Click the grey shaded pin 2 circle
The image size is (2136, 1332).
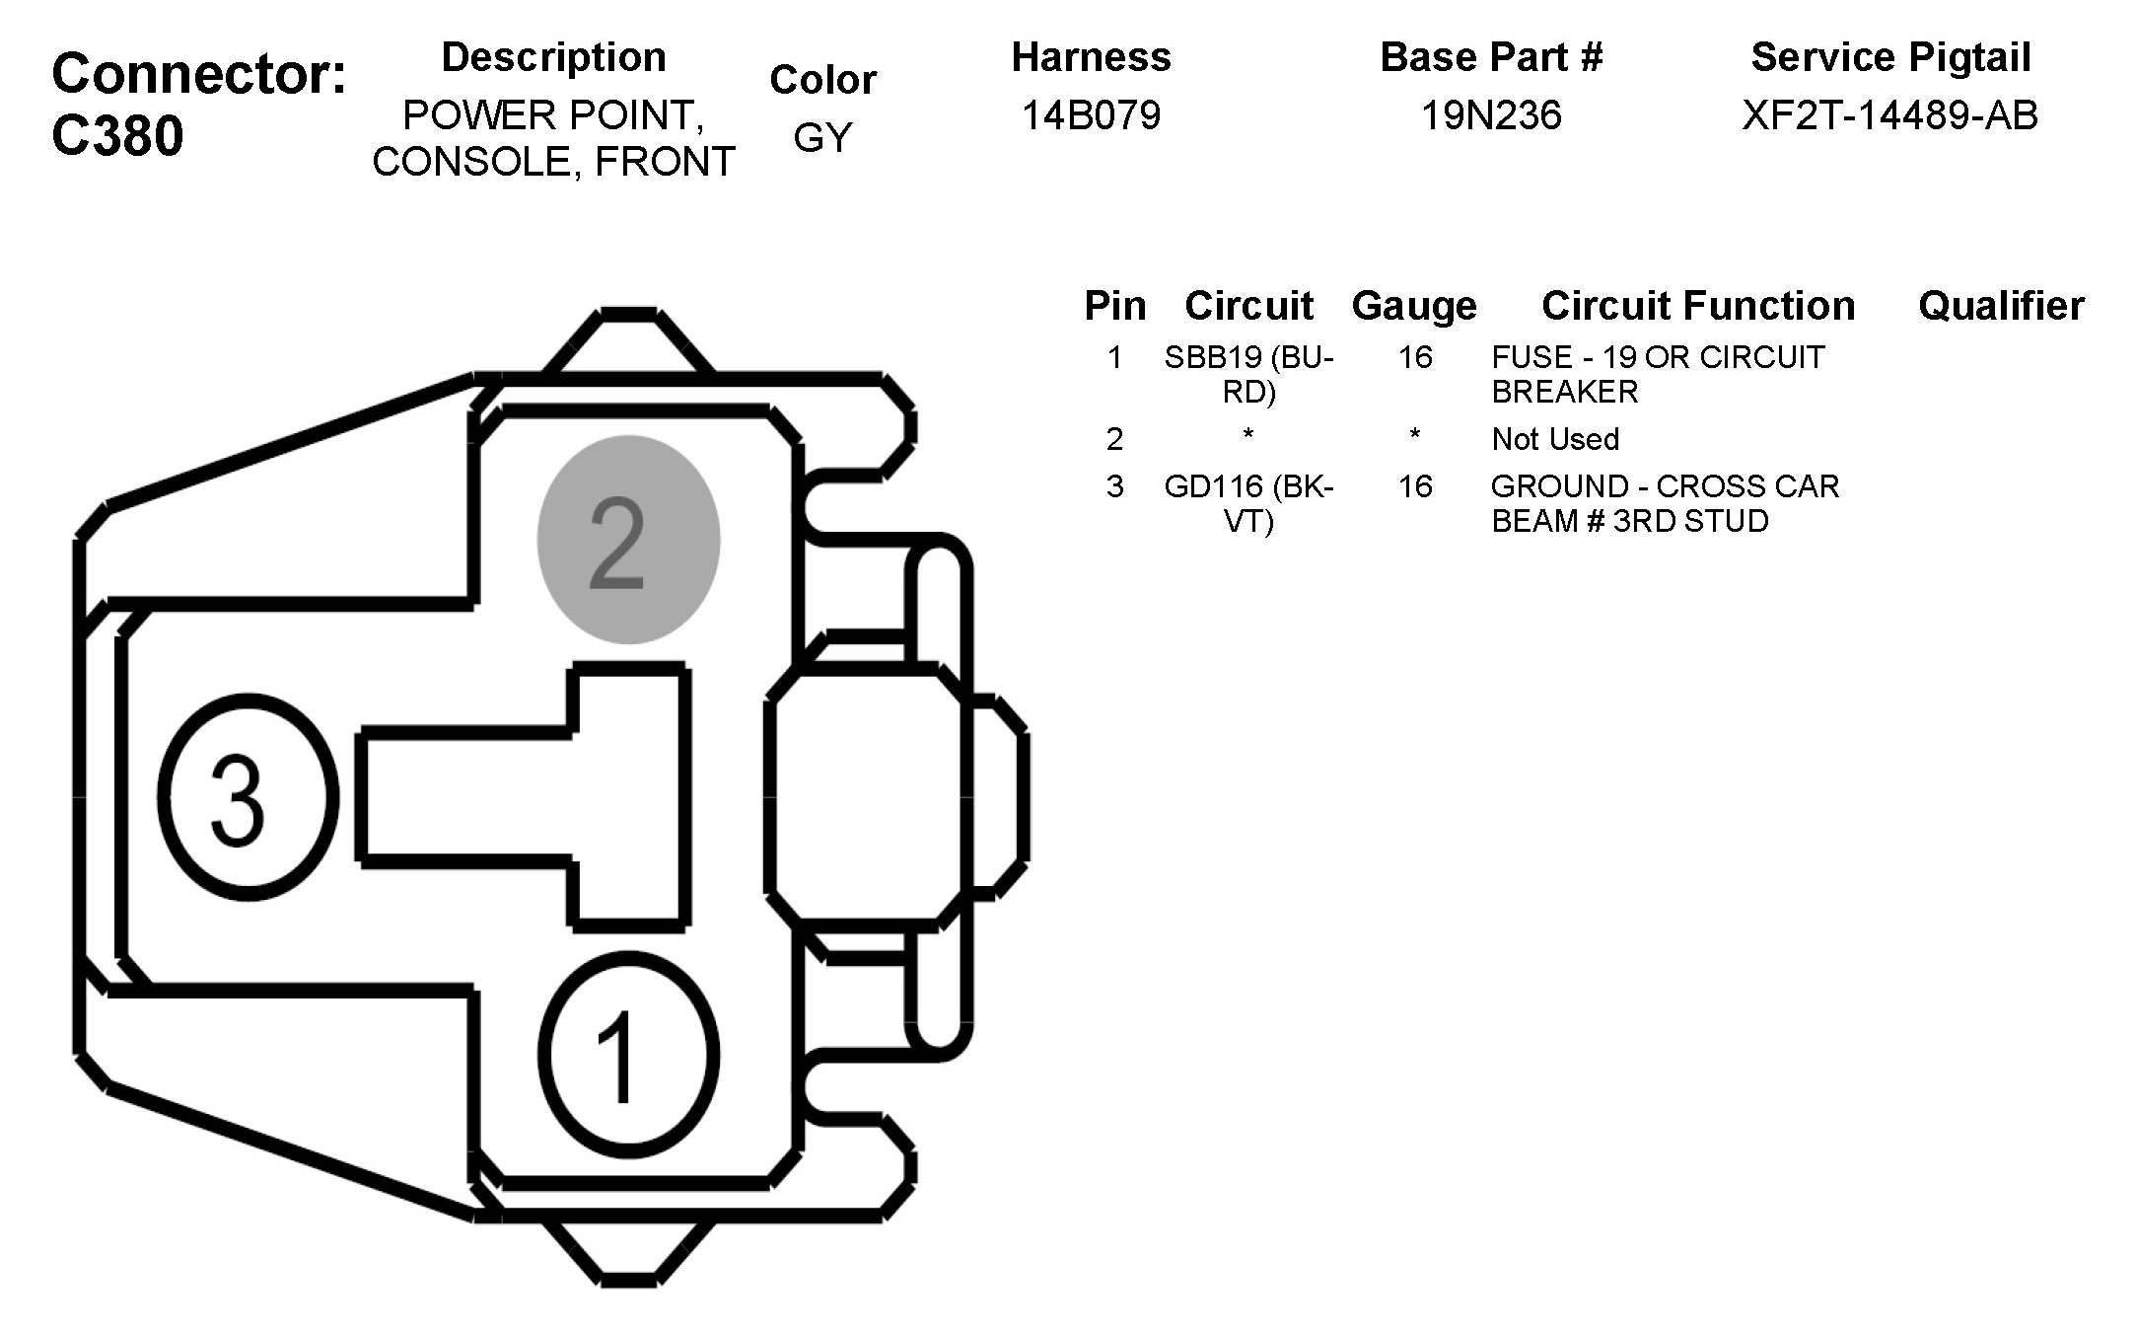[628, 540]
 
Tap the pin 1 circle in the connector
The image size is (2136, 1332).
[628, 1055]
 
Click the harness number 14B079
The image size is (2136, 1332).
[1091, 115]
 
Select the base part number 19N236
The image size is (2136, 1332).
[1490, 115]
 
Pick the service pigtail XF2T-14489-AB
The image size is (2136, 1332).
[1889, 115]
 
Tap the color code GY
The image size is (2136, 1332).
[821, 138]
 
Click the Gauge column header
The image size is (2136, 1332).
[1414, 306]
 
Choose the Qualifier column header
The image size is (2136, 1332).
[2001, 306]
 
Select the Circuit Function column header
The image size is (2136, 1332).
[1697, 306]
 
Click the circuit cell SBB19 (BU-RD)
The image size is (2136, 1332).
[1248, 374]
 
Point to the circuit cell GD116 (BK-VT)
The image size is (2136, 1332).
[1248, 503]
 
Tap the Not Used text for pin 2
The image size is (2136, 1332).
[1555, 439]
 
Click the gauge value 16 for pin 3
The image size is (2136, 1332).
[1414, 486]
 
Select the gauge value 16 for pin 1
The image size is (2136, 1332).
[1414, 357]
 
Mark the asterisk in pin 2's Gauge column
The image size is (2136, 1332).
[1414, 435]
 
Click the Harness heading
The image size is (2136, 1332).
[1091, 57]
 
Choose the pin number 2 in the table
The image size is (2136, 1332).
[1114, 439]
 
